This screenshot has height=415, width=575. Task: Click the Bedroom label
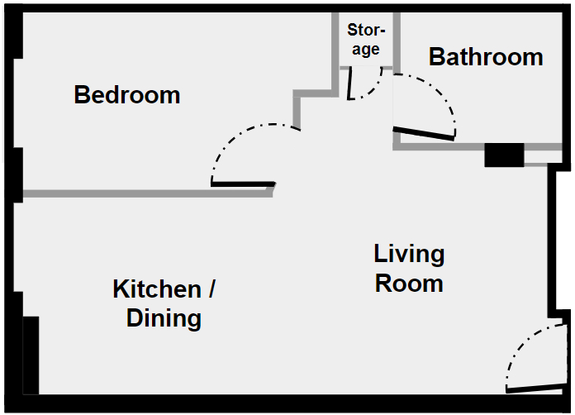point(126,94)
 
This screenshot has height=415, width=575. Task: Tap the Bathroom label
point(486,57)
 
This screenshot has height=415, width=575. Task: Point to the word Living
point(409,254)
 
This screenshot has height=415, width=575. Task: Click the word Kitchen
point(156,290)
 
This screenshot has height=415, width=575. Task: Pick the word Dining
point(164,318)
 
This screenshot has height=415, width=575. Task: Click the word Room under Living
point(409,284)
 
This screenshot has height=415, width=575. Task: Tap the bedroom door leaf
point(243,184)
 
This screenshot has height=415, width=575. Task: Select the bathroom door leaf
point(424,132)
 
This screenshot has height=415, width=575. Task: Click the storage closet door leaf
point(349,83)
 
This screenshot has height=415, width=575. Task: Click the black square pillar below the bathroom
point(504,155)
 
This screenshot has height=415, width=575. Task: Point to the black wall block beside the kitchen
point(31,355)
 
